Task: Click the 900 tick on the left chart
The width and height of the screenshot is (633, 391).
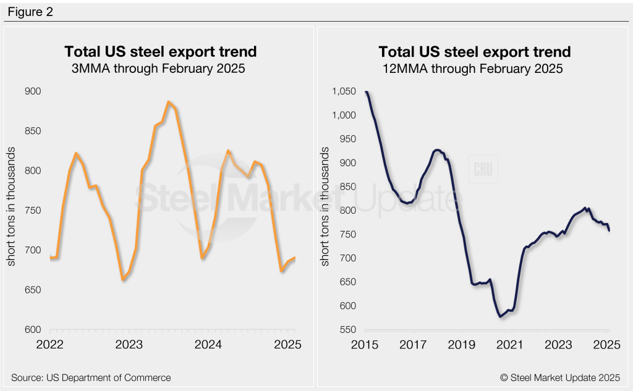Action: point(32,91)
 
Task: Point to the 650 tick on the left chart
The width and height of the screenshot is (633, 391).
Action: point(32,290)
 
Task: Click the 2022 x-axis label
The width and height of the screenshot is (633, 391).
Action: point(51,345)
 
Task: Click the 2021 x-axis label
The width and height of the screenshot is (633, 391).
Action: point(510,345)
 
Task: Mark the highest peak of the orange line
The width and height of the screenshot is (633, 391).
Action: point(168,102)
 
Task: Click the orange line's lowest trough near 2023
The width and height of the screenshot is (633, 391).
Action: point(123,279)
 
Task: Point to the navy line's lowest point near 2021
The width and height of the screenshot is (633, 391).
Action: point(499,317)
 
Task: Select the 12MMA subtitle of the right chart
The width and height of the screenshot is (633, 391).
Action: point(474,69)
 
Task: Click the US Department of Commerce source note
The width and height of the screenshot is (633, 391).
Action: point(91,377)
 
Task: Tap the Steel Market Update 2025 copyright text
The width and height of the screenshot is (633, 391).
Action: point(561,377)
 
